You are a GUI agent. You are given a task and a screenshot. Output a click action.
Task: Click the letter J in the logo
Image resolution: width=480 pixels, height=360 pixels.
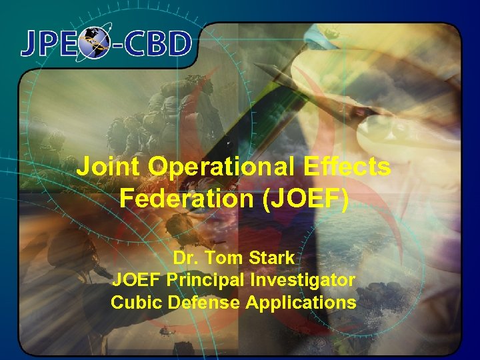pos(32,44)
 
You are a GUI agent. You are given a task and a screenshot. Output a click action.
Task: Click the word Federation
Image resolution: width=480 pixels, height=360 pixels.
pos(187,198)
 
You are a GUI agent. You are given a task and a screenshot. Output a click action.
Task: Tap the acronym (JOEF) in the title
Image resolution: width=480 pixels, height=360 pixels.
pos(304,198)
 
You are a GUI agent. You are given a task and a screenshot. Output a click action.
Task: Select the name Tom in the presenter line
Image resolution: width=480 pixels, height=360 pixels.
pos(225,257)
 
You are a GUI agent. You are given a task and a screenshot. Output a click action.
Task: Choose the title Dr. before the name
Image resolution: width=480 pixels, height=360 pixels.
pos(187,257)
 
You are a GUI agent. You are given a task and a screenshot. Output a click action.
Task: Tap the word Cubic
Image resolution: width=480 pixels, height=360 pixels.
pos(133,303)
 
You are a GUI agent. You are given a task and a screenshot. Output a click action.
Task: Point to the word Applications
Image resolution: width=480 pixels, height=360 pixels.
pos(301,303)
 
